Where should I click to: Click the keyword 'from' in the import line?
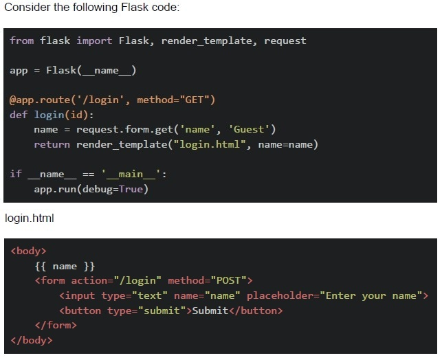coord(22,41)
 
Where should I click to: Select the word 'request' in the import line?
coord(285,41)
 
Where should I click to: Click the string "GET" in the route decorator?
coord(195,100)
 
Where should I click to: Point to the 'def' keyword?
coord(19,115)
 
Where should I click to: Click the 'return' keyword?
coord(52,144)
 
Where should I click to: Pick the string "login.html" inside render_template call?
coord(210,144)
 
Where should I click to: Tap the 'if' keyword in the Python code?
coord(16,174)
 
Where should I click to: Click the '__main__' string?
coord(131,175)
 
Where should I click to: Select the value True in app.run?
coord(131,189)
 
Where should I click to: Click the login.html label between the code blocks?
coord(30,218)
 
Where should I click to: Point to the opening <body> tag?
coord(28,251)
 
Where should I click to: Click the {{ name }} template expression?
coord(65,266)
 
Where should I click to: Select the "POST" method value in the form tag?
coord(228,280)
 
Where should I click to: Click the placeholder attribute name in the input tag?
coord(283,296)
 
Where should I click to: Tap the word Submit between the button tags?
coord(210,311)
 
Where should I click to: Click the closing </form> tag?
coord(56,326)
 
